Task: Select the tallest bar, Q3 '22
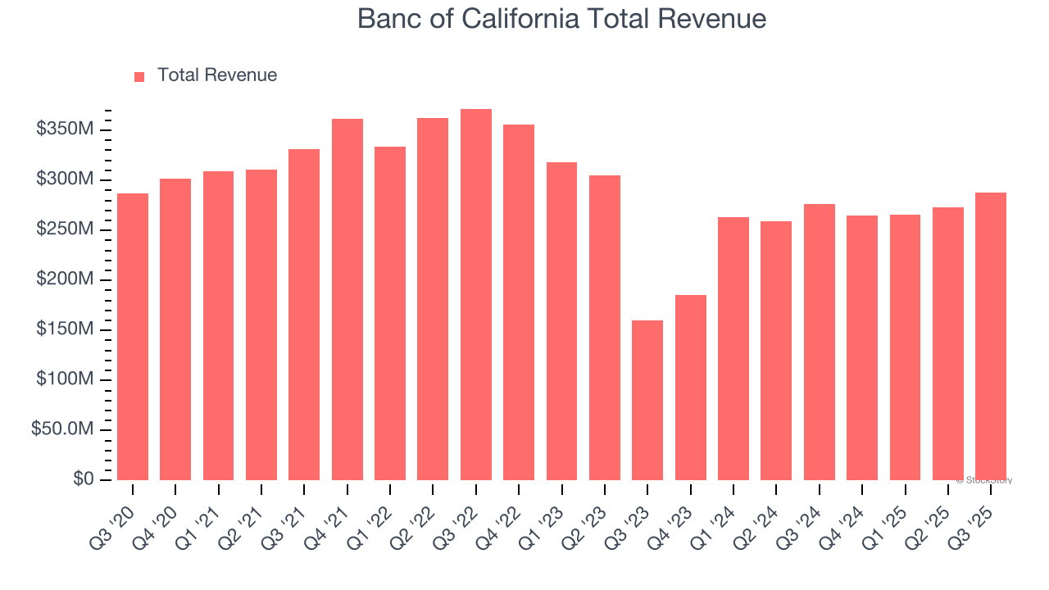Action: click(476, 295)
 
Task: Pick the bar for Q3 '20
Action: click(133, 337)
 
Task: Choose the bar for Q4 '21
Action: click(347, 300)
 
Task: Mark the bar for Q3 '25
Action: click(991, 337)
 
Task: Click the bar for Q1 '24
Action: click(733, 348)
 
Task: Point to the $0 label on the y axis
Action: click(83, 479)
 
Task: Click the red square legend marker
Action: click(139, 76)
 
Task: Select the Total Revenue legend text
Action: click(217, 75)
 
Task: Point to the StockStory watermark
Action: click(984, 480)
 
